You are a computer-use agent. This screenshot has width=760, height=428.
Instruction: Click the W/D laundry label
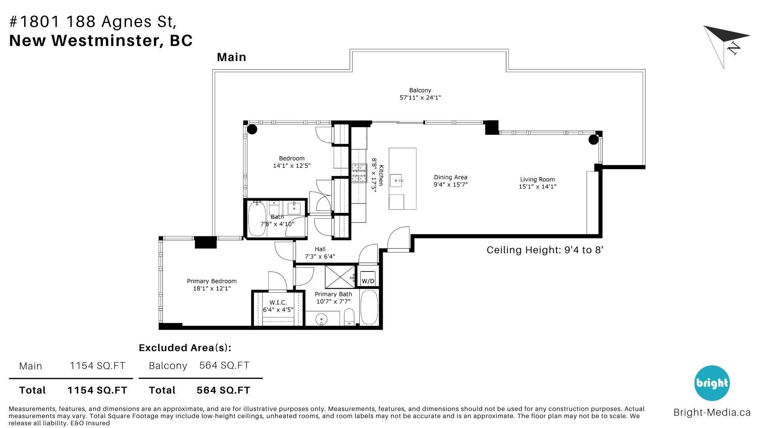368,281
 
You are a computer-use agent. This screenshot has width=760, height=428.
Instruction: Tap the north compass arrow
727,43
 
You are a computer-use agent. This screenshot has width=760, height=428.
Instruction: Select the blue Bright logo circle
712,383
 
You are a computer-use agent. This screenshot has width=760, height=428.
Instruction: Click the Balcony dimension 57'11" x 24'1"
420,97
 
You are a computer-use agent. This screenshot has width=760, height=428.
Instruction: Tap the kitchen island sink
397,181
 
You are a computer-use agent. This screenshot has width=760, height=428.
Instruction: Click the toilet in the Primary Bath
349,317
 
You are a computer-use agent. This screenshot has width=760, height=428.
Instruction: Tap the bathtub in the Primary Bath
369,308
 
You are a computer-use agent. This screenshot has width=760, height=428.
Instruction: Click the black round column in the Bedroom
252,129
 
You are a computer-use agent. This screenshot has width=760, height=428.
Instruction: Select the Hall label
320,249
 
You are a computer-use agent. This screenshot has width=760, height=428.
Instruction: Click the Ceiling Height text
545,250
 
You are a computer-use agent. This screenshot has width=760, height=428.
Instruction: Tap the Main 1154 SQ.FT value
97,366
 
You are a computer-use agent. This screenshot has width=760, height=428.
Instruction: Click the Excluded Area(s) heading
185,348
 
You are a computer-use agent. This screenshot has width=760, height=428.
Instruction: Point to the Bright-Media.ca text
712,413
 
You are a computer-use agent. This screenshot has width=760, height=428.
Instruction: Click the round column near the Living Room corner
593,139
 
